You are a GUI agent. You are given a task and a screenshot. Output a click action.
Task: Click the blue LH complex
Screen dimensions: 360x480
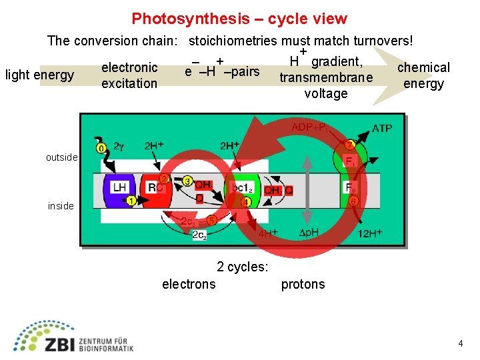(x=119, y=189)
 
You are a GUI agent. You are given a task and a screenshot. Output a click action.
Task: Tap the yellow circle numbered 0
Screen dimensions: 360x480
(x=101, y=147)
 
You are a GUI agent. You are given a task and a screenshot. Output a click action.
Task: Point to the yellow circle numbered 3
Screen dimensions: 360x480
(x=187, y=180)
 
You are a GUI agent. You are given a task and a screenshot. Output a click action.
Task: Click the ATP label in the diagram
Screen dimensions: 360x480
(x=381, y=128)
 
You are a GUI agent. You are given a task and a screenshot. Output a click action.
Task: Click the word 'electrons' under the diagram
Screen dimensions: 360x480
(x=189, y=285)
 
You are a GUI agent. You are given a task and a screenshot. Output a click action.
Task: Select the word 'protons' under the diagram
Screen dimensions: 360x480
(x=303, y=285)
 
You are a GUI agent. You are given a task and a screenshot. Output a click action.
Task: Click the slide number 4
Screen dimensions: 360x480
(x=461, y=343)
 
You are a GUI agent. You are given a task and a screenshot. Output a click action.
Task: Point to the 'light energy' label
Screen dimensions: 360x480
(x=39, y=75)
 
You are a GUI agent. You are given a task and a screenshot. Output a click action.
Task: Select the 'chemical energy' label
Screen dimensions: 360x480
(x=423, y=75)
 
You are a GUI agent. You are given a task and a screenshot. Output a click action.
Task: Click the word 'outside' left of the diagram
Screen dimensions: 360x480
(x=62, y=158)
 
